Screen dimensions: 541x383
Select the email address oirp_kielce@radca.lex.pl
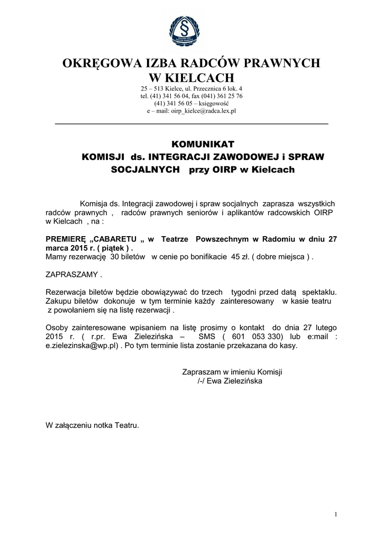click(x=204, y=111)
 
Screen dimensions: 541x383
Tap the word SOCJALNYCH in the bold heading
click(x=143, y=170)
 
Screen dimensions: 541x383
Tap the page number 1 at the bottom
click(x=336, y=514)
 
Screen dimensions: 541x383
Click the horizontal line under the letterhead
click(x=191, y=124)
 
